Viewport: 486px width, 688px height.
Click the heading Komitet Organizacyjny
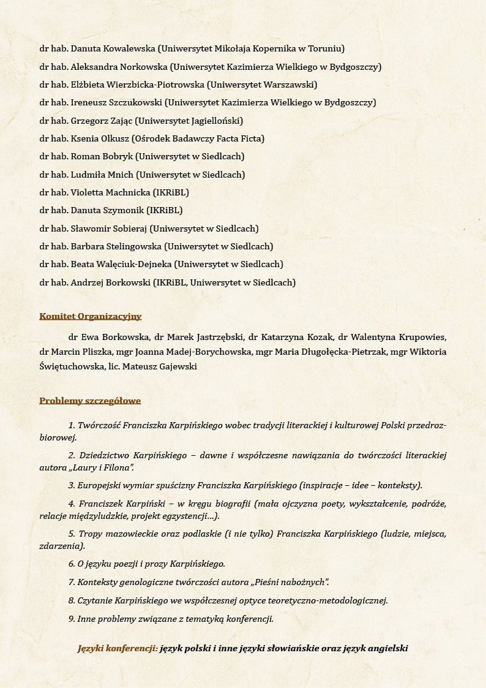[x=90, y=316]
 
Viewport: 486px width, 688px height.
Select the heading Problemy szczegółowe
[x=90, y=401]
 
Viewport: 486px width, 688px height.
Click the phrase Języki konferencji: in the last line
[x=118, y=648]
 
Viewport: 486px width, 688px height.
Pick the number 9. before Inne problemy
[x=72, y=619]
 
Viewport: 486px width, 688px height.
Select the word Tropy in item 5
[x=90, y=534]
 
